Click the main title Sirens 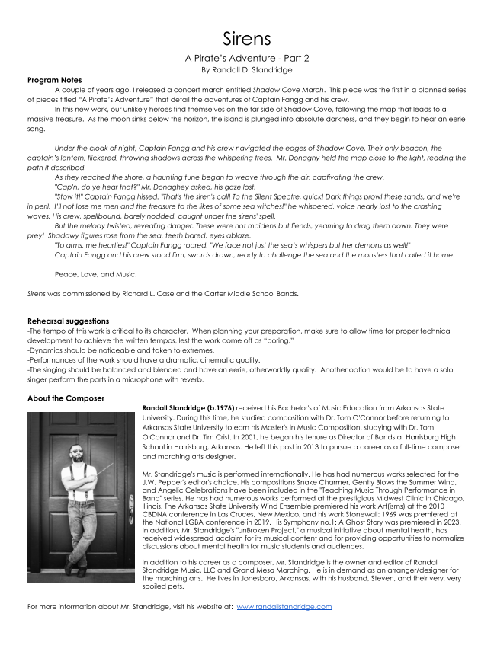pyautogui.click(x=247, y=38)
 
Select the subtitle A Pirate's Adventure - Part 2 pyautogui.click(x=247, y=58)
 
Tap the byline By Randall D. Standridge pyautogui.click(x=247, y=69)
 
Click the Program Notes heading pyautogui.click(x=54, y=80)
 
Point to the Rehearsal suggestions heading pyautogui.click(x=68, y=321)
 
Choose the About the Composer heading pyautogui.click(x=66, y=398)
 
